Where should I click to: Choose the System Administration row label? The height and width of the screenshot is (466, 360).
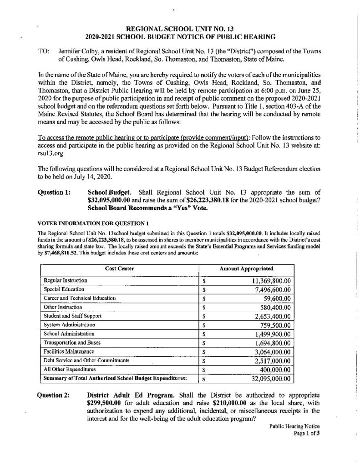[x=70, y=325]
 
